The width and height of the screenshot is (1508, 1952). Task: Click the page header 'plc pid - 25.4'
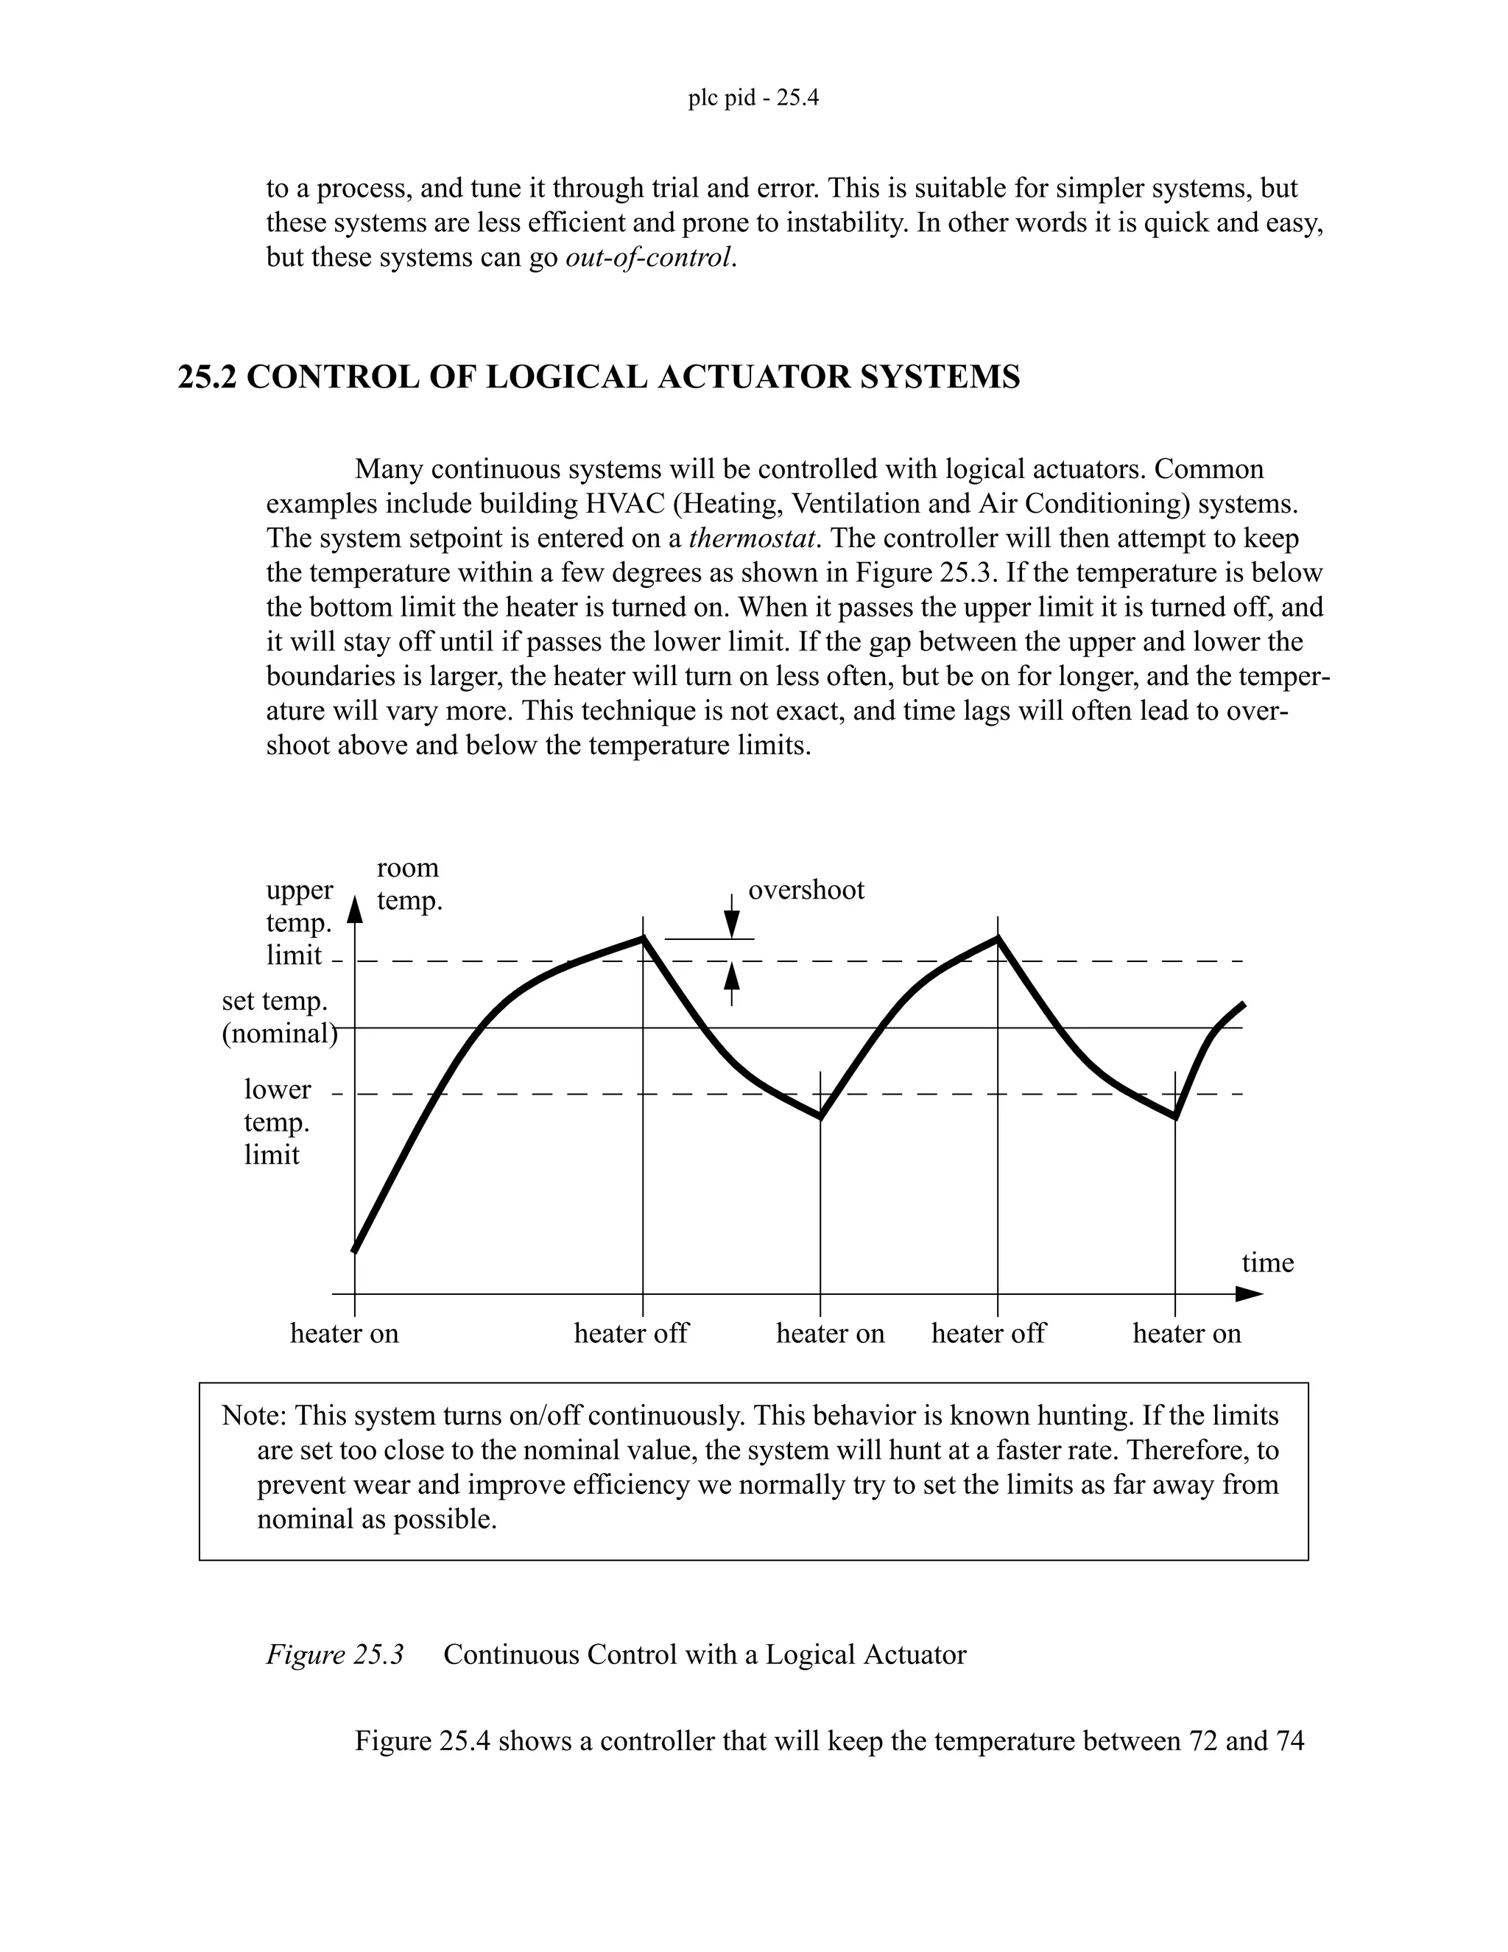coord(753,97)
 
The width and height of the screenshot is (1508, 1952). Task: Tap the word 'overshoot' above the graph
coord(806,891)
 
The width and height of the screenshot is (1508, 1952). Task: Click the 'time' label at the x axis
coord(1266,1263)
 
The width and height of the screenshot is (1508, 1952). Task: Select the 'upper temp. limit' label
coord(298,922)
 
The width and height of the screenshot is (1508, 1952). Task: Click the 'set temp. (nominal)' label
coord(279,1017)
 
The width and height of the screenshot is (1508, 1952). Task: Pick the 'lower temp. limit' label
coord(277,1122)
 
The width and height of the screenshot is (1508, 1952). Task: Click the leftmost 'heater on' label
coord(344,1333)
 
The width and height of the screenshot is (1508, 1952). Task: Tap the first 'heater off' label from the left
coord(631,1333)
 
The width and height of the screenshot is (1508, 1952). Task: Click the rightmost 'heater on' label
coord(1186,1333)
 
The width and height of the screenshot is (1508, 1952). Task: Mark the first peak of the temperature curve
coord(642,938)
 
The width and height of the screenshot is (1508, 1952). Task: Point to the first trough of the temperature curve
coord(820,1116)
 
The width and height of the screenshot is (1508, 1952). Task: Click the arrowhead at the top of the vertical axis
coord(355,909)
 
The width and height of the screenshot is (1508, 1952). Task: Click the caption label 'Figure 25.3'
coord(335,1654)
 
